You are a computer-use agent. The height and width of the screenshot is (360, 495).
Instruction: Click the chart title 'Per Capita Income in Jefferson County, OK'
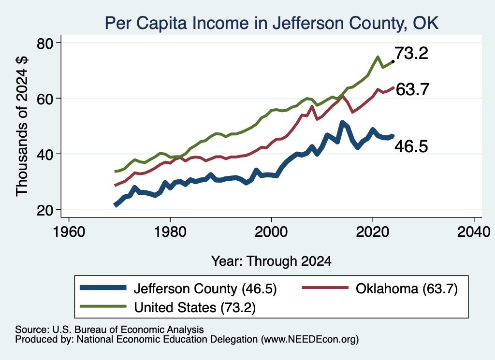(x=272, y=23)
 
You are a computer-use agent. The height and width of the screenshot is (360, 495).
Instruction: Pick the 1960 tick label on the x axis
(x=69, y=232)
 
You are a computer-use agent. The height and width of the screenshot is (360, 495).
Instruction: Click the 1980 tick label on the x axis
(x=170, y=232)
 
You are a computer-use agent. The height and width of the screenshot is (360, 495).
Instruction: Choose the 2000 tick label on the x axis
(x=271, y=232)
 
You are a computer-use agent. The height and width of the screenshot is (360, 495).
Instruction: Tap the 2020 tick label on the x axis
(x=373, y=232)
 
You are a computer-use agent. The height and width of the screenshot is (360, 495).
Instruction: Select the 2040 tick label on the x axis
(x=474, y=232)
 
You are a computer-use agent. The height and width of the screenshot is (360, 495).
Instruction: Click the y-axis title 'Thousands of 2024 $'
(x=22, y=126)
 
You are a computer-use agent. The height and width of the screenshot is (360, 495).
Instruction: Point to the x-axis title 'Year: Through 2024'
(x=272, y=261)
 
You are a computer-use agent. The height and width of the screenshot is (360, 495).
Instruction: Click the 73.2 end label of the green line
(x=411, y=53)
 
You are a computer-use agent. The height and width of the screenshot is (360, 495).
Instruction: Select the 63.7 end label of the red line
(x=412, y=89)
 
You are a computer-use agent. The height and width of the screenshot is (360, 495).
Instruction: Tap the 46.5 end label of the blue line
(x=411, y=146)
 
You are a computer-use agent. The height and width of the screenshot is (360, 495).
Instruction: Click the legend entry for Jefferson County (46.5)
(x=178, y=288)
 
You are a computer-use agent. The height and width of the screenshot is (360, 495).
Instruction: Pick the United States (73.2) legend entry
(x=168, y=307)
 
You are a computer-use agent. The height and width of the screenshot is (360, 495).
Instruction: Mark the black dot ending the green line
(x=393, y=61)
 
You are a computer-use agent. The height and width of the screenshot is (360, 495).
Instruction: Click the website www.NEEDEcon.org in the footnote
(x=310, y=340)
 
